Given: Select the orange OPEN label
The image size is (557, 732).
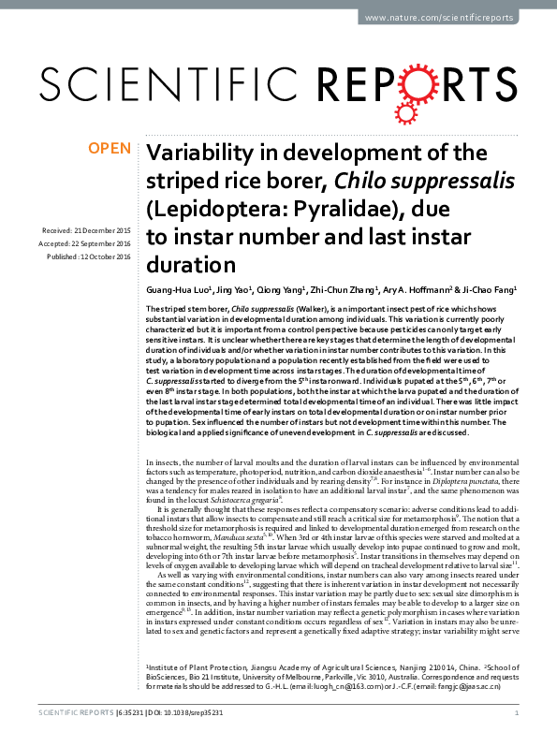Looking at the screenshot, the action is point(108,149).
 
